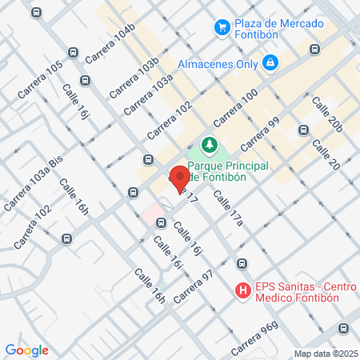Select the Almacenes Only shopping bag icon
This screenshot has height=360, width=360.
pyautogui.click(x=270, y=62)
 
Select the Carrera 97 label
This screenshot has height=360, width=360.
pyautogui.click(x=196, y=286)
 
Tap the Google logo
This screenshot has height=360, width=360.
pyautogui.click(x=26, y=350)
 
